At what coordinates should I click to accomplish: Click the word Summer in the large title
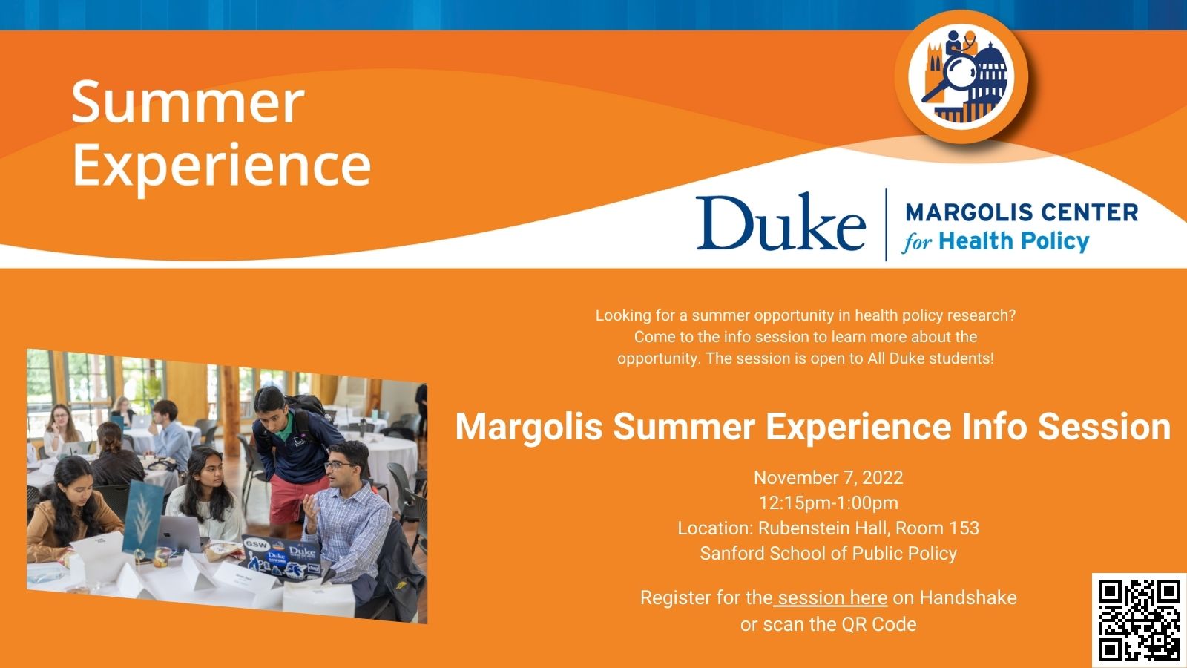click(x=188, y=102)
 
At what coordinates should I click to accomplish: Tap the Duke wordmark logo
click(x=780, y=223)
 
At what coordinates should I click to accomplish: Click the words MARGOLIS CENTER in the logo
click(x=1022, y=212)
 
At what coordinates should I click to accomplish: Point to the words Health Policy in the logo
click(x=1013, y=241)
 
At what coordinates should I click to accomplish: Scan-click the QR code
click(x=1139, y=620)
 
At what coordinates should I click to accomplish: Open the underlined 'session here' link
click(x=832, y=597)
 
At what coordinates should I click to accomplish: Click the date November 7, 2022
click(x=828, y=477)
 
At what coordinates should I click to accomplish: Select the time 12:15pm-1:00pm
click(x=828, y=502)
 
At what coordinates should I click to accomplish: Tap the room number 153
click(x=962, y=528)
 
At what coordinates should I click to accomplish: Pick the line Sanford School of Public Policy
click(x=828, y=553)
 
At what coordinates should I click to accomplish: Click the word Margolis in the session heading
click(x=528, y=427)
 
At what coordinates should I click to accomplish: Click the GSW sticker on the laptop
click(x=257, y=545)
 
